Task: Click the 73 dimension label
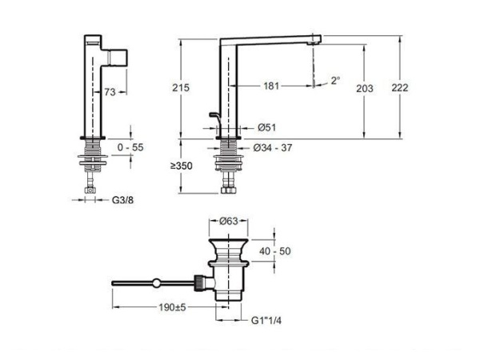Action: [110, 92]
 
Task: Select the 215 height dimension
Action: [181, 88]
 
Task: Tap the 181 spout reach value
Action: [271, 86]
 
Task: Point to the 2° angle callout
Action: [335, 81]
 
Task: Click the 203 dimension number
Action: [365, 89]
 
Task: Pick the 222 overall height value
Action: [400, 88]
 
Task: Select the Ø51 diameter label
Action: [266, 127]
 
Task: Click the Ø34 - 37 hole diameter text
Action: [273, 148]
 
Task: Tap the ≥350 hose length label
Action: [182, 166]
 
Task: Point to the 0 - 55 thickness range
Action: [130, 147]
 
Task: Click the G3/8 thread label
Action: [122, 200]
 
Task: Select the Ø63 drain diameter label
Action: [229, 221]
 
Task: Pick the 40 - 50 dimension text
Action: [275, 251]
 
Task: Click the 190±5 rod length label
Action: [172, 307]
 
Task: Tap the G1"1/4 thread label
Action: [266, 321]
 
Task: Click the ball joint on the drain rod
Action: [157, 283]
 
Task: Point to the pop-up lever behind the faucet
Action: [215, 121]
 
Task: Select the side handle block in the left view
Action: [118, 58]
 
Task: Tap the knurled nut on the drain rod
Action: [199, 283]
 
